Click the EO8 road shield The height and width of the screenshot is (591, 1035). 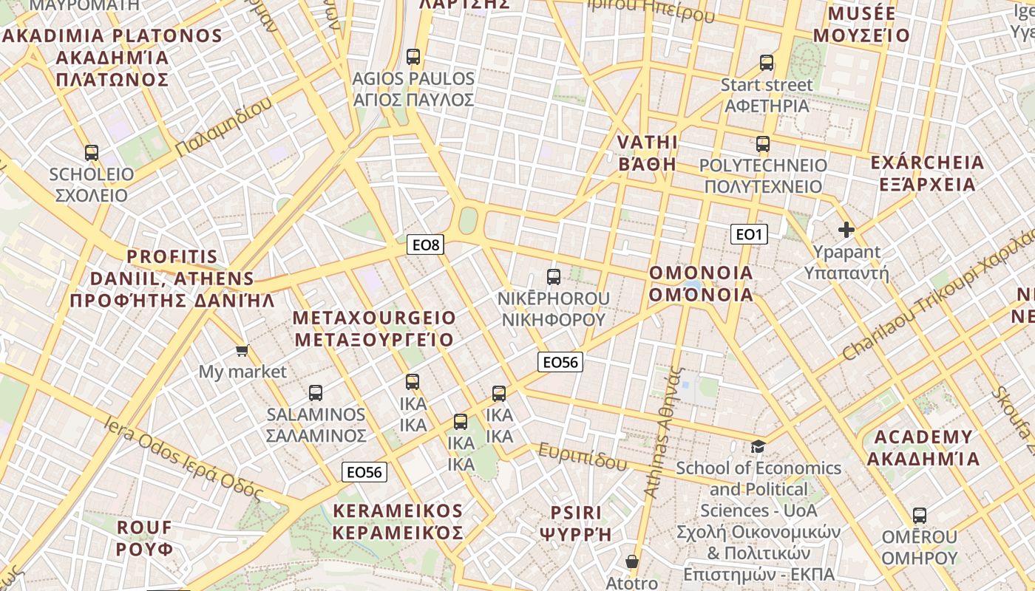pyautogui.click(x=425, y=245)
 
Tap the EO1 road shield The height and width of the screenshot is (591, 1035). pyautogui.click(x=749, y=235)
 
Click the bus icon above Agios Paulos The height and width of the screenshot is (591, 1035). pyautogui.click(x=413, y=57)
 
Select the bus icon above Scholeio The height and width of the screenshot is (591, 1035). pyautogui.click(x=92, y=153)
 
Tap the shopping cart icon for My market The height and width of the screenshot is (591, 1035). pyautogui.click(x=242, y=349)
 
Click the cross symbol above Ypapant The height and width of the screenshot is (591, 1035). pyautogui.click(x=846, y=230)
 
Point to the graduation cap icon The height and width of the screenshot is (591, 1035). pyautogui.click(x=758, y=446)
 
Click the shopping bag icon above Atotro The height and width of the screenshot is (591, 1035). pyautogui.click(x=632, y=561)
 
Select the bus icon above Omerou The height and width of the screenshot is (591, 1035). pyautogui.click(x=919, y=516)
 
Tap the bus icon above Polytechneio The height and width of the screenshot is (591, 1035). pyautogui.click(x=763, y=144)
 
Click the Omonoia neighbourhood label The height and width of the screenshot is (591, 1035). pyautogui.click(x=701, y=284)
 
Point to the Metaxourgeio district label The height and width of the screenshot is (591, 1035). pyautogui.click(x=374, y=329)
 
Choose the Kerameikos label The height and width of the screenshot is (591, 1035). pyautogui.click(x=398, y=522)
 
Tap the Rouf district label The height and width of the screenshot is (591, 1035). pyautogui.click(x=145, y=538)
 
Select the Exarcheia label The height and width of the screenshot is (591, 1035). pyautogui.click(x=927, y=173)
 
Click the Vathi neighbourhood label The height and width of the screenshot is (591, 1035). pyautogui.click(x=647, y=153)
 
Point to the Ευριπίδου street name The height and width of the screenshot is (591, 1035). pyautogui.click(x=583, y=457)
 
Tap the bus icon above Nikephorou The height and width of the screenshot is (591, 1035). pyautogui.click(x=553, y=277)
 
